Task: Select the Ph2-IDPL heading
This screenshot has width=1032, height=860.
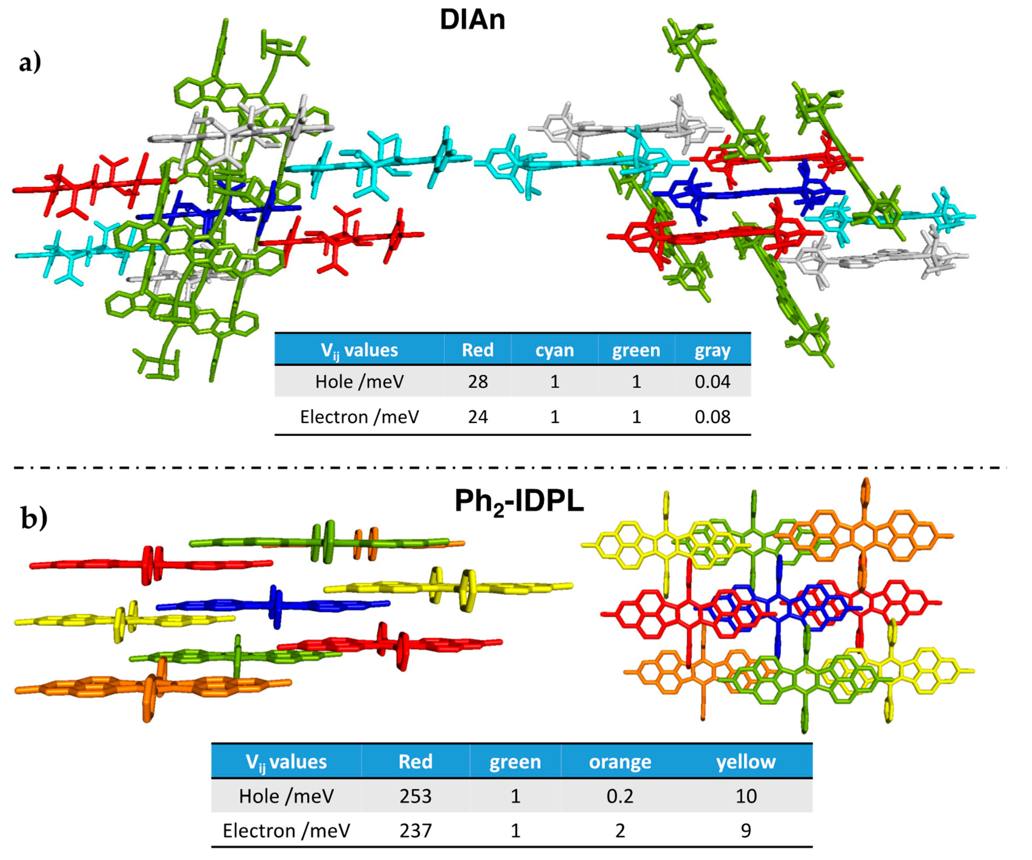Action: [x=519, y=502]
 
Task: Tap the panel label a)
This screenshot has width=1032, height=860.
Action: [x=30, y=62]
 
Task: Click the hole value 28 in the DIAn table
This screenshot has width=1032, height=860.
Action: [x=477, y=382]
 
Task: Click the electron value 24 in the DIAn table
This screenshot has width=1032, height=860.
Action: [x=477, y=417]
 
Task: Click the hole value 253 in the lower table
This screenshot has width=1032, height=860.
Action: [x=415, y=796]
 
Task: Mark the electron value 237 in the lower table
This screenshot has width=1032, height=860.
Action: [x=415, y=830]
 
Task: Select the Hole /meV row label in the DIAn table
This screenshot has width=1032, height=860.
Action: [x=359, y=382]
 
